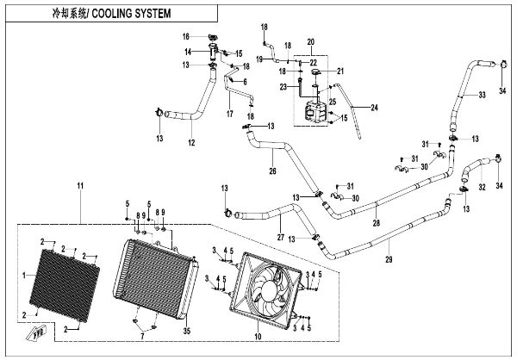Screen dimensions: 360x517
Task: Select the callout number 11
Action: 80,187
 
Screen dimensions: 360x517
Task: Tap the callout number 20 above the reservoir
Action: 311,42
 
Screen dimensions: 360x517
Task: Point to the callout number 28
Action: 376,224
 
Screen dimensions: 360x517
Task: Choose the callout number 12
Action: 190,142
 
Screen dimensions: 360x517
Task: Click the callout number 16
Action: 184,37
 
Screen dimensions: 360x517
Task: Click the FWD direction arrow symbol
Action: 36,330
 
